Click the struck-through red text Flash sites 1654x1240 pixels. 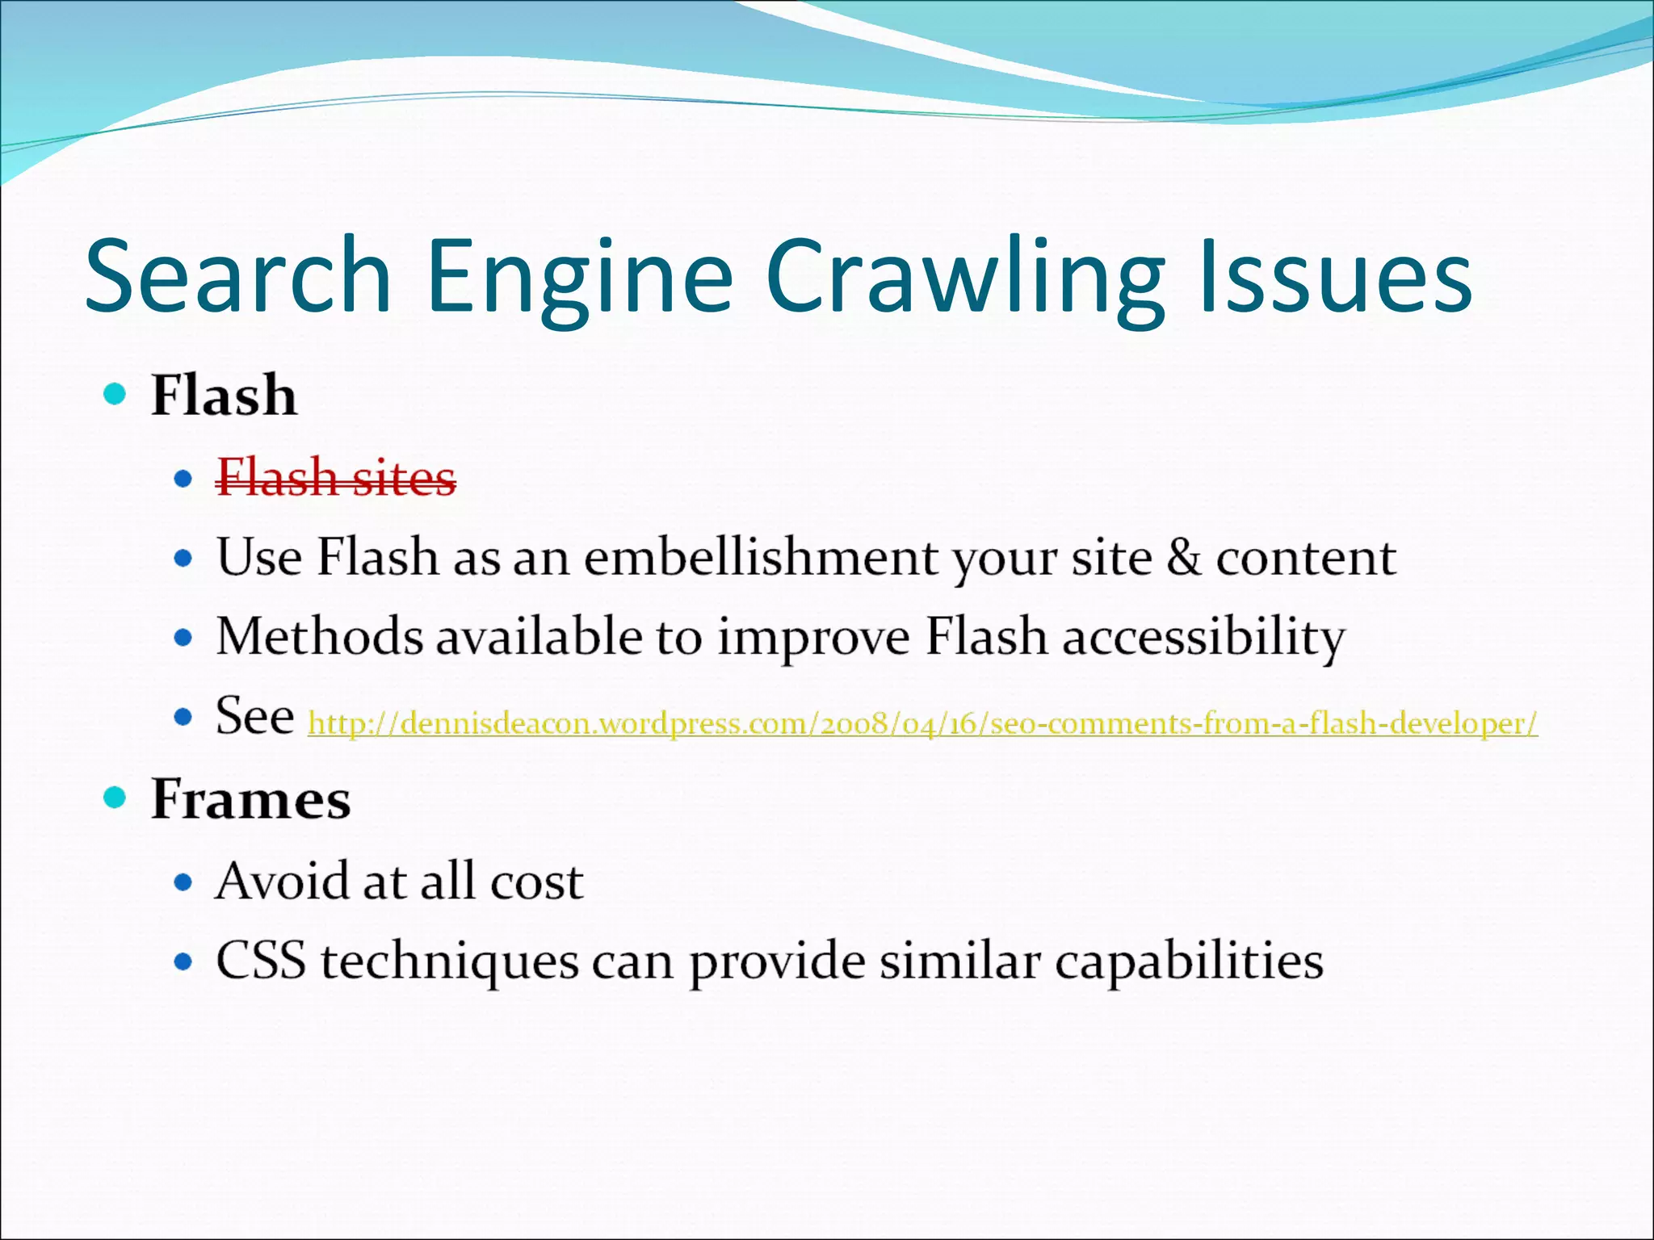pyautogui.click(x=336, y=478)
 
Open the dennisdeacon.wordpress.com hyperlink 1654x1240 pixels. pyautogui.click(x=922, y=723)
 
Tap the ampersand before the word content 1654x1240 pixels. pyautogui.click(x=1184, y=557)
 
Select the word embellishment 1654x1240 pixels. pyautogui.click(x=761, y=557)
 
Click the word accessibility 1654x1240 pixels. pyautogui.click(x=1203, y=637)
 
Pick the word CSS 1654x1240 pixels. pyautogui.click(x=261, y=961)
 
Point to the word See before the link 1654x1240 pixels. pyautogui.click(x=254, y=716)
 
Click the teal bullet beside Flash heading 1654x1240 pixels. pyautogui.click(x=115, y=395)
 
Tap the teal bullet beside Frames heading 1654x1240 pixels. pyautogui.click(x=115, y=798)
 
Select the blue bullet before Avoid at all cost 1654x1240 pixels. pyautogui.click(x=184, y=882)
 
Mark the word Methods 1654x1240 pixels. pyautogui.click(x=319, y=637)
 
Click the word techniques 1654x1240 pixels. pyautogui.click(x=449, y=961)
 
